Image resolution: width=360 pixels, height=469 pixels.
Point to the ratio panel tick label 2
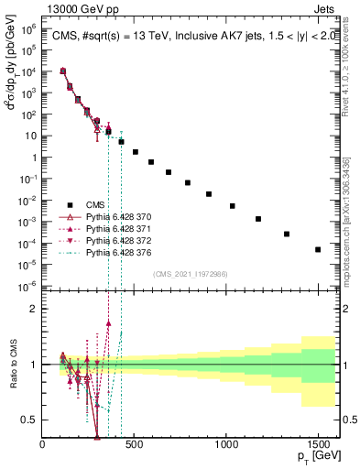[32, 309]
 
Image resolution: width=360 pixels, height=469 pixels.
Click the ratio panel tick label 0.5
[28, 420]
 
